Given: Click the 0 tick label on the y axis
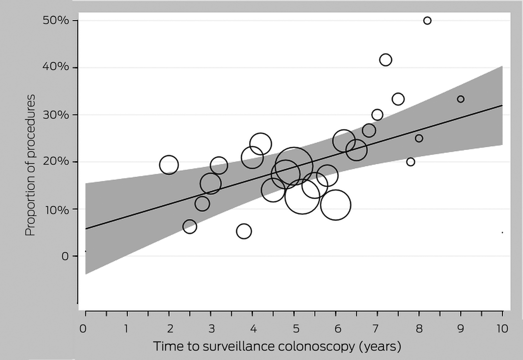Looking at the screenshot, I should (x=65, y=256).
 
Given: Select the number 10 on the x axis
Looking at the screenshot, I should (x=502, y=329).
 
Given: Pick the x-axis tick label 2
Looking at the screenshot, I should (x=169, y=329).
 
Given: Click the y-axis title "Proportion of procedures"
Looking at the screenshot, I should (x=30, y=165).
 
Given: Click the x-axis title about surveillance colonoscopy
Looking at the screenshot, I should (x=277, y=346).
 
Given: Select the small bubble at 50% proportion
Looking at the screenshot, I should (x=427, y=21).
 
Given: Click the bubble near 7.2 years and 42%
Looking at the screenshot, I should (x=385, y=60).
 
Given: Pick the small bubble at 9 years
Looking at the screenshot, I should (x=461, y=99).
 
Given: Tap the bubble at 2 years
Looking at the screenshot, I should (x=169, y=165).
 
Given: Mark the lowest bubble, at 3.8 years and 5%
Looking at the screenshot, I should (x=244, y=231).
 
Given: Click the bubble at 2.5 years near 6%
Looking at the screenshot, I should (x=190, y=227).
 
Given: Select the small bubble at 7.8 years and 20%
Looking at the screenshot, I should (x=410, y=162).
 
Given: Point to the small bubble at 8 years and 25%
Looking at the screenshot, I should (x=419, y=138).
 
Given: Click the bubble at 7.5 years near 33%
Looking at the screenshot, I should (x=398, y=99).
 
